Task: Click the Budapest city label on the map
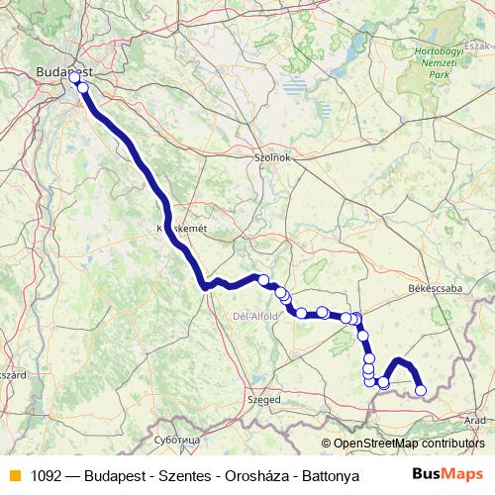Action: click(62, 71)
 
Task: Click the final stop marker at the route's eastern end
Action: click(420, 390)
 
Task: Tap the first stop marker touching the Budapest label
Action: click(74, 77)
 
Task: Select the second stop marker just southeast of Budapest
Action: click(83, 88)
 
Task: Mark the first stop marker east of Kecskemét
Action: click(263, 279)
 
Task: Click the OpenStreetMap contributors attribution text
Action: click(408, 444)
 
